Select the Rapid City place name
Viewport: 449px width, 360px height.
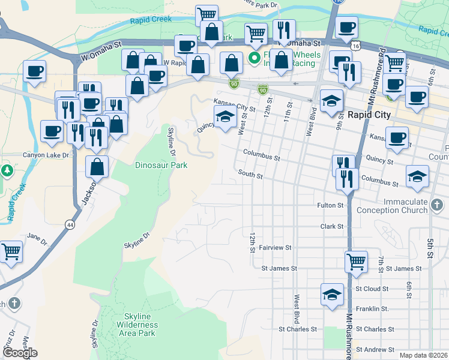369,115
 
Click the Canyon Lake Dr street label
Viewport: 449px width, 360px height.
46,155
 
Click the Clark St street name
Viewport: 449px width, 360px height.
332,226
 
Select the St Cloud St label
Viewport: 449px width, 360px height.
372,289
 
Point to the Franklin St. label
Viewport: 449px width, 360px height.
372,309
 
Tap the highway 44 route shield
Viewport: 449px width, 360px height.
71,224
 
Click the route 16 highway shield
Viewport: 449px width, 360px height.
357,45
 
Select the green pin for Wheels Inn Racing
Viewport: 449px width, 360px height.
254,58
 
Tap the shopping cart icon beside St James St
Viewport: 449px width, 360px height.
356,261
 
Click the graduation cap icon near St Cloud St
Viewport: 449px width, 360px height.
331,294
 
